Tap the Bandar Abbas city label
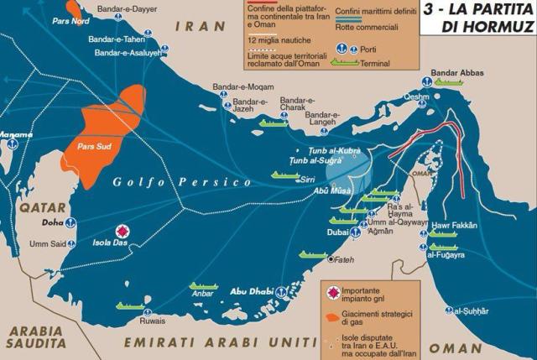[457, 73]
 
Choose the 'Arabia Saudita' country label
[34, 335]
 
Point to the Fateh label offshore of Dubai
[347, 259]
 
